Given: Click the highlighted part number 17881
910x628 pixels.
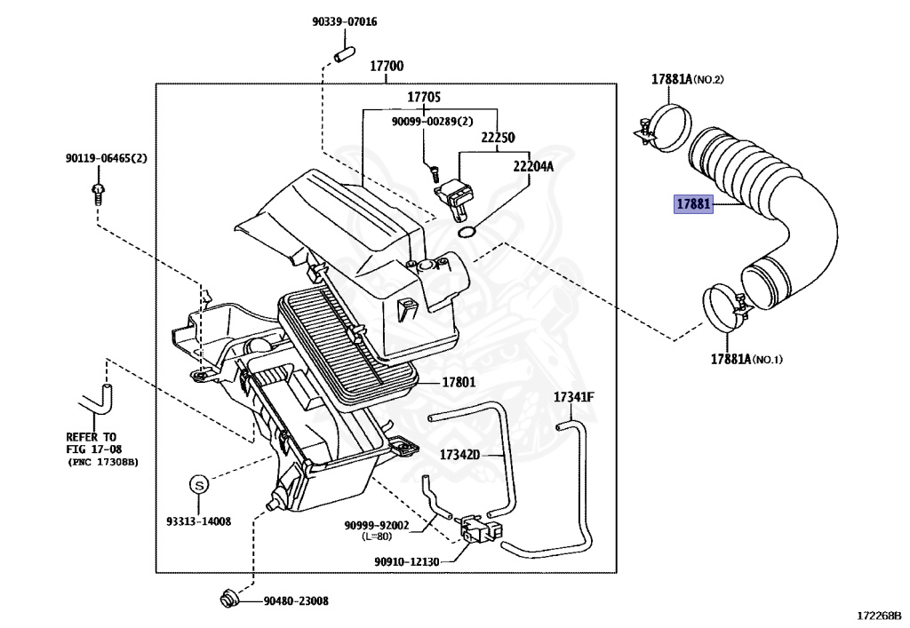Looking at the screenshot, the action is pyautogui.click(x=693, y=204).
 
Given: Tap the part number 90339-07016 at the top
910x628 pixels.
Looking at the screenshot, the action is pyautogui.click(x=344, y=22).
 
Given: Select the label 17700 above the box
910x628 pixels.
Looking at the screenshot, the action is pyautogui.click(x=387, y=66).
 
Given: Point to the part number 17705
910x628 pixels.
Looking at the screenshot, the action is pyautogui.click(x=424, y=97).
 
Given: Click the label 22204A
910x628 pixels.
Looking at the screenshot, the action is pyautogui.click(x=533, y=166).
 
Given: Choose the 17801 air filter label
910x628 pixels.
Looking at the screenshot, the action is pyautogui.click(x=459, y=382).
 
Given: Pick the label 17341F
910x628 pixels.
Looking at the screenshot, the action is pyautogui.click(x=574, y=397).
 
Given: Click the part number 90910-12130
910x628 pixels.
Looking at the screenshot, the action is pyautogui.click(x=407, y=561).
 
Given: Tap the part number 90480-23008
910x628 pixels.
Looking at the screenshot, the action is pyautogui.click(x=296, y=601).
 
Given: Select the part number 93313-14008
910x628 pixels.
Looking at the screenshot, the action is pyautogui.click(x=198, y=521).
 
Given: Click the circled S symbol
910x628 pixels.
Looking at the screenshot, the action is pyautogui.click(x=198, y=483).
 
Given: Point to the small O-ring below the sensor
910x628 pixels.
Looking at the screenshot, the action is pyautogui.click(x=467, y=232).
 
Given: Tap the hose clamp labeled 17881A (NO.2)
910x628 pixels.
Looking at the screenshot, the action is pyautogui.click(x=665, y=128).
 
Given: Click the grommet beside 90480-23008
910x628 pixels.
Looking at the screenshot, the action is pyautogui.click(x=228, y=599).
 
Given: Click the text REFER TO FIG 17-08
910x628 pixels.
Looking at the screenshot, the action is pyautogui.click(x=93, y=443).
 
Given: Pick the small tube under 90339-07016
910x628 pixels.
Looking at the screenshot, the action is pyautogui.click(x=344, y=52).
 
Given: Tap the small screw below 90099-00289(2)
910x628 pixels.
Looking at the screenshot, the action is pyautogui.click(x=432, y=171).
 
